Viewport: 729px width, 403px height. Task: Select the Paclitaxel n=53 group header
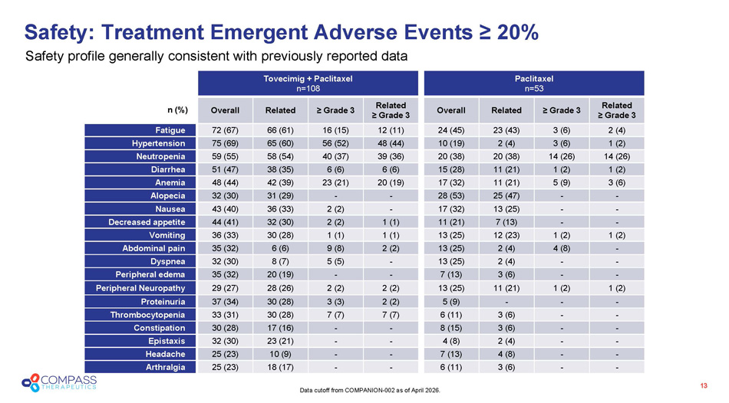coord(535,84)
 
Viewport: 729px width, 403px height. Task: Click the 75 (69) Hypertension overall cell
coord(225,143)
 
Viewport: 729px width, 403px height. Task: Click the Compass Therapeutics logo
coord(58,382)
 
